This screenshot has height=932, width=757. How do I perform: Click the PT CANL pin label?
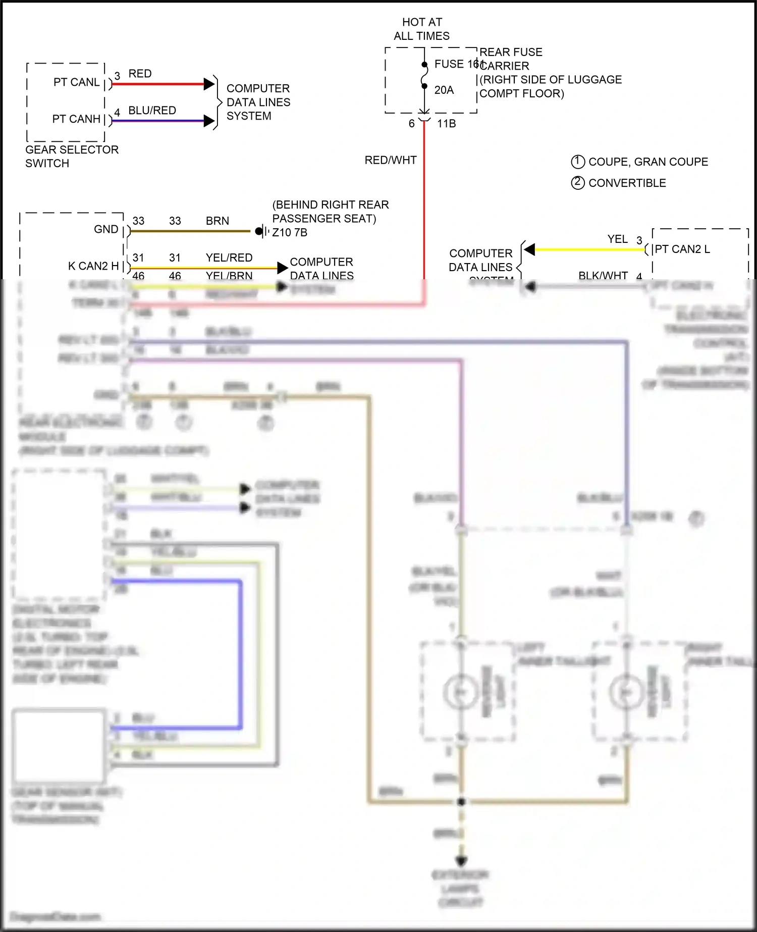[x=76, y=82]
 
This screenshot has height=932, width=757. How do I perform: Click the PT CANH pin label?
[x=76, y=119]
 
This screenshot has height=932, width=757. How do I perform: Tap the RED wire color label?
[x=140, y=74]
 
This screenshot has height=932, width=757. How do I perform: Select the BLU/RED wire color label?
[x=152, y=111]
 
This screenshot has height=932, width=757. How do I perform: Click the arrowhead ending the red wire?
[x=209, y=84]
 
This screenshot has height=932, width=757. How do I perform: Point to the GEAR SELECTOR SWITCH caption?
[x=72, y=157]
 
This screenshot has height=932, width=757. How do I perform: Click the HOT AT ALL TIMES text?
[x=422, y=29]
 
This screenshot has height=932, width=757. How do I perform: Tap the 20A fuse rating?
[x=444, y=90]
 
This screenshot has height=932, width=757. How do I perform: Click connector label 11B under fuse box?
[x=446, y=124]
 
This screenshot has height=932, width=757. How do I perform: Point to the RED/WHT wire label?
[x=391, y=161]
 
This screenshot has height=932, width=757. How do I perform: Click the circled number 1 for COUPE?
[x=577, y=162]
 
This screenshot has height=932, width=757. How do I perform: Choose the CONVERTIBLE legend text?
[x=627, y=183]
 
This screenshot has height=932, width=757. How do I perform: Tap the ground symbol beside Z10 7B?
[x=260, y=232]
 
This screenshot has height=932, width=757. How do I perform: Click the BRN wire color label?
[x=217, y=221]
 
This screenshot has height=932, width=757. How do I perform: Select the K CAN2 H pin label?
[x=93, y=266]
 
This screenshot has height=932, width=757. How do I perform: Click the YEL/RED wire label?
[x=229, y=258]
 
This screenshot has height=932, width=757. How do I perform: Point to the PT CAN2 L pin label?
[x=682, y=249]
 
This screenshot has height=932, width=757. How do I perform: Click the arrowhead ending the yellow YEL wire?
[x=529, y=249]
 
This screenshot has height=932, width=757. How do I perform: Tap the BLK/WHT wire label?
[x=603, y=276]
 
